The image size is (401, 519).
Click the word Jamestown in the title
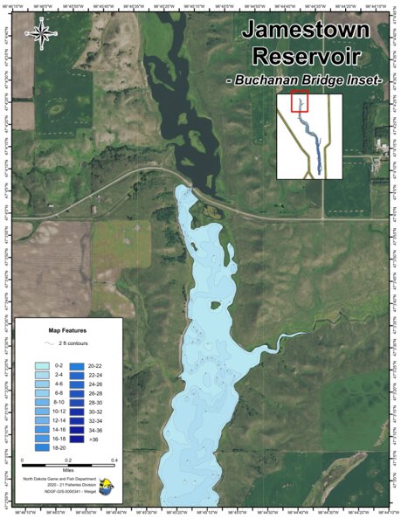(x=306, y=30)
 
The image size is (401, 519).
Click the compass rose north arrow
(x=40, y=33)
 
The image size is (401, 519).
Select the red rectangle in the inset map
(x=299, y=103)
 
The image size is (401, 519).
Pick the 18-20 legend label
(x=60, y=447)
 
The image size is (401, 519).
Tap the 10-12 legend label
(x=60, y=411)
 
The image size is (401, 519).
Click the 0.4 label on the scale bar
(x=114, y=459)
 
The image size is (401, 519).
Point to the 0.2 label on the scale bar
(x=68, y=459)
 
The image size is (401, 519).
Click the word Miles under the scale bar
(x=68, y=474)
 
